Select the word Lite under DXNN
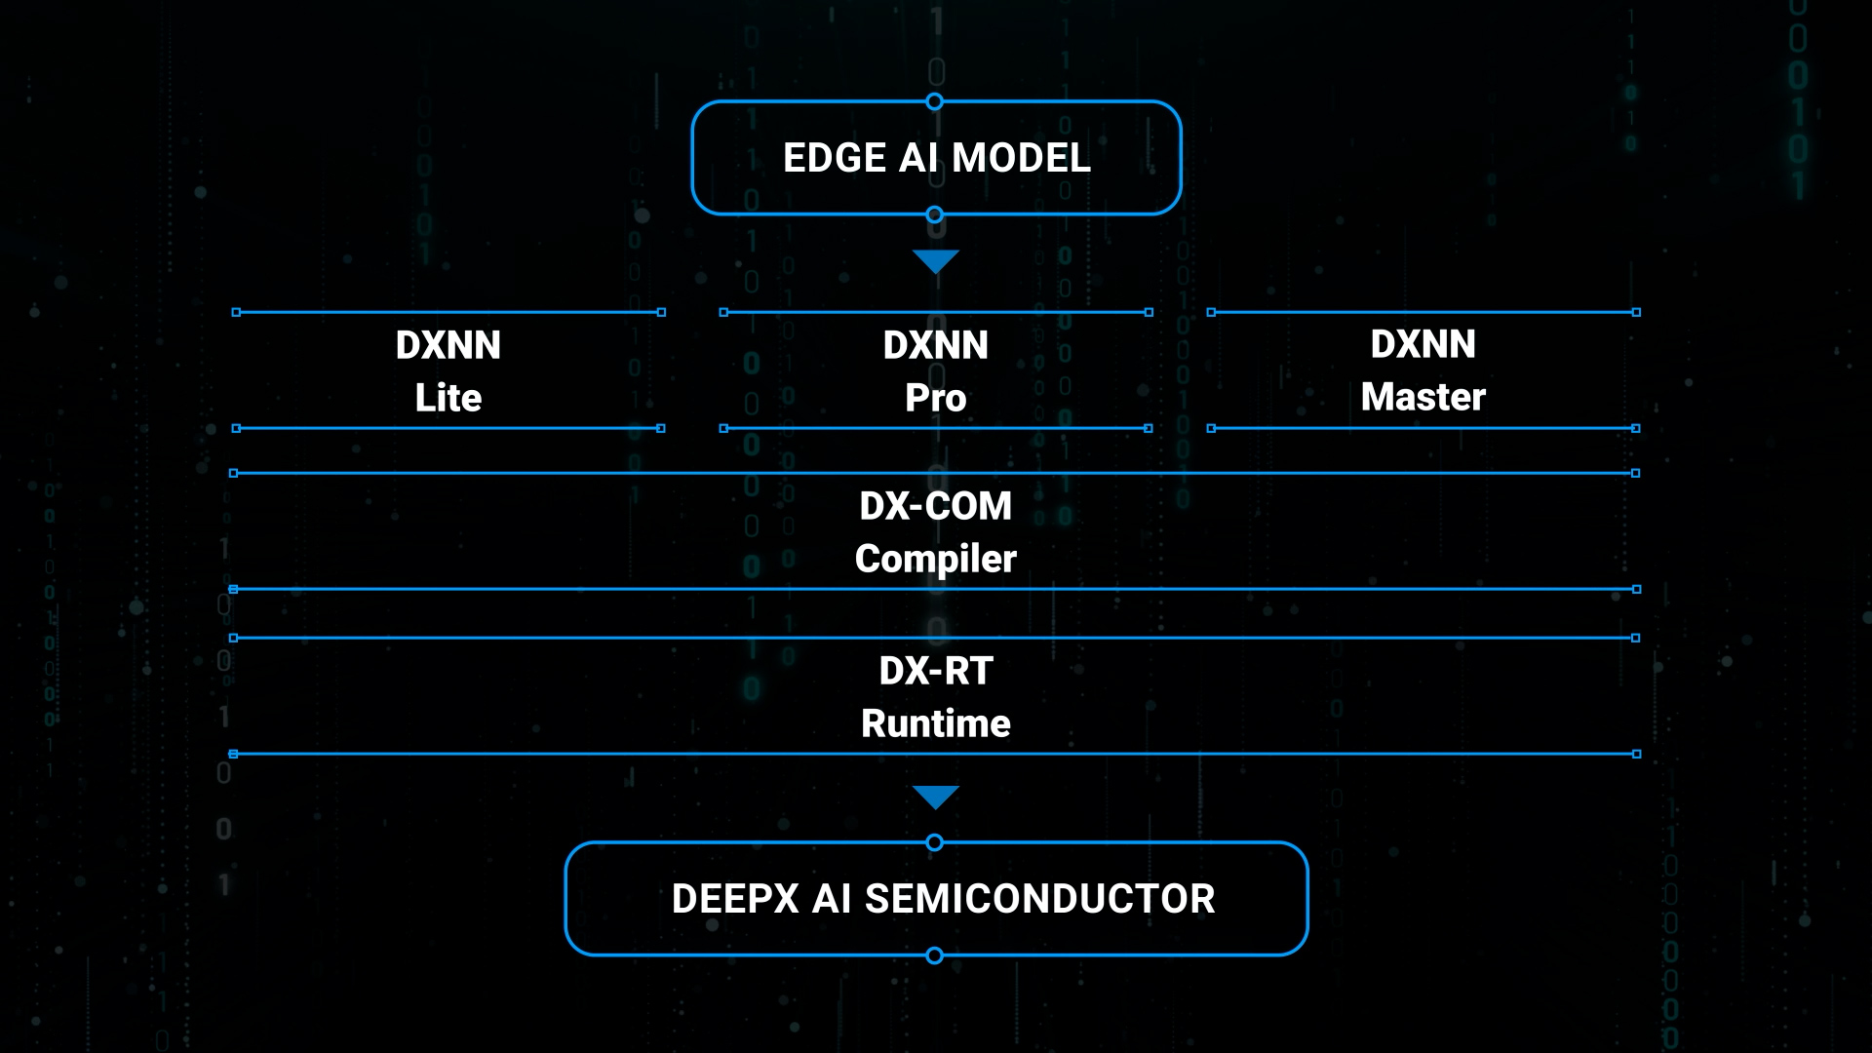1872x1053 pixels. [x=448, y=398]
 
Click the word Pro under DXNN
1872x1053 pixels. [x=936, y=398]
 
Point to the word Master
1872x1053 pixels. [x=1423, y=397]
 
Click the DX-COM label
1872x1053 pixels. [x=936, y=506]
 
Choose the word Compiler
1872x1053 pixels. [x=936, y=559]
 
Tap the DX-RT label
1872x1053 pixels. [x=936, y=671]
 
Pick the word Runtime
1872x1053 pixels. [x=936, y=723]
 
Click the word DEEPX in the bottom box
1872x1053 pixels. [x=736, y=899]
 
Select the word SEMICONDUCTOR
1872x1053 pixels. [x=1040, y=899]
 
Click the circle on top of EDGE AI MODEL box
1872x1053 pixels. [x=934, y=101]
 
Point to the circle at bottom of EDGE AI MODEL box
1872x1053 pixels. [x=934, y=214]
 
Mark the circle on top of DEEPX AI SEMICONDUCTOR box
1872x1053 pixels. [x=934, y=842]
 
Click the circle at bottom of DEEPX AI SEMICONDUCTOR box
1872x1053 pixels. [x=934, y=955]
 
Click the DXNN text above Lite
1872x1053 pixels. [x=448, y=345]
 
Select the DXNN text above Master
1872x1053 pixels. [x=1423, y=344]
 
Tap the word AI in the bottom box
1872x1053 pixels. [x=833, y=899]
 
